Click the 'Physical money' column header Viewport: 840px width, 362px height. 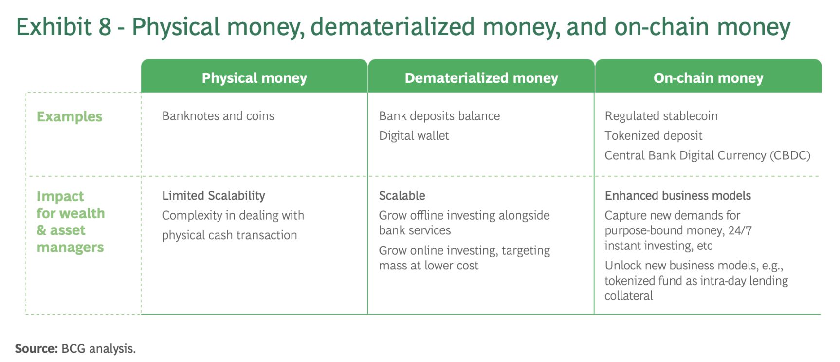254,78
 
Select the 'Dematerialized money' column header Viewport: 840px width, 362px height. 481,78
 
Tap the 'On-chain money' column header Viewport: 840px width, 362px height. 708,78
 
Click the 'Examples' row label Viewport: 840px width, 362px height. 70,117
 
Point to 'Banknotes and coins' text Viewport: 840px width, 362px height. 218,116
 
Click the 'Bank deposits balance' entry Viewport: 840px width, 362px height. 439,116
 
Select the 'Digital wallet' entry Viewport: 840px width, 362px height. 414,136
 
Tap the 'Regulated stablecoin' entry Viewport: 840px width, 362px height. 661,116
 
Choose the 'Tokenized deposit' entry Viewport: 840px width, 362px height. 654,136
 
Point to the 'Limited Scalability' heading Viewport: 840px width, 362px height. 214,196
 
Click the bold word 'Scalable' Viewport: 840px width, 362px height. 402,196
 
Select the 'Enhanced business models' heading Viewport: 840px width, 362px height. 678,196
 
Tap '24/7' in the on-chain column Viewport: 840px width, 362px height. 740,230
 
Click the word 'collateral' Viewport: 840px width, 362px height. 629,296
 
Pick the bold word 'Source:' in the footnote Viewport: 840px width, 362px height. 37,349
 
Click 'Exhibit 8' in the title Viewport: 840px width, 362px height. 64,27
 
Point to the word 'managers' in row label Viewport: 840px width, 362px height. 71,248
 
